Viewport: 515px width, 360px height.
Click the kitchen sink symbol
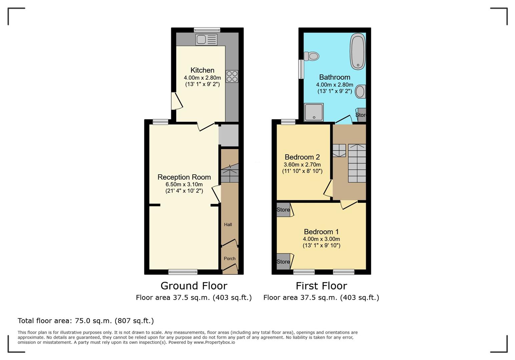pos(206,40)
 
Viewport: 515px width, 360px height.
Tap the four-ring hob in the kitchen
pos(232,76)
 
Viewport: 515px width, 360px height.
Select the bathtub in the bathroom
pos(358,51)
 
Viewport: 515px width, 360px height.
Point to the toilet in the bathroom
pos(311,56)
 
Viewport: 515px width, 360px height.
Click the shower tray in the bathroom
pos(314,112)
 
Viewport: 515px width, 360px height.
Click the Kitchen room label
pos(202,70)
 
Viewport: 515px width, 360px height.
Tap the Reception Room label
pos(184,177)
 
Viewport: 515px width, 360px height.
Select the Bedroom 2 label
pos(302,157)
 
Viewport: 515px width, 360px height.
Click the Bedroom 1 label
pos(321,232)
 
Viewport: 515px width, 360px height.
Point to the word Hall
pos(228,224)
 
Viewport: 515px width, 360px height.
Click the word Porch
pos(229,258)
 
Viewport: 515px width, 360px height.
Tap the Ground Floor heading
pos(194,286)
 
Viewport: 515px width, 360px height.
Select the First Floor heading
pos(321,286)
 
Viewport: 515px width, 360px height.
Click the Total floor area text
pos(86,321)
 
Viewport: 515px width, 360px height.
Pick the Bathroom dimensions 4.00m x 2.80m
pos(335,85)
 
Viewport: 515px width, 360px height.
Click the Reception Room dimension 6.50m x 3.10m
pos(184,184)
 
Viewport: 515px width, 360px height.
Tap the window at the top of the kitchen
pos(207,30)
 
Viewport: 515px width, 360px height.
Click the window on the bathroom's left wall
pos(301,69)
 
